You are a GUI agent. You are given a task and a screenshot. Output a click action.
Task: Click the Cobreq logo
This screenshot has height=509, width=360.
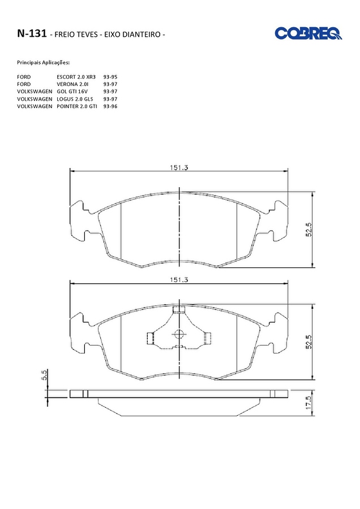[308, 33]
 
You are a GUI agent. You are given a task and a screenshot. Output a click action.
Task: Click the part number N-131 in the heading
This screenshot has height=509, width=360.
[32, 33]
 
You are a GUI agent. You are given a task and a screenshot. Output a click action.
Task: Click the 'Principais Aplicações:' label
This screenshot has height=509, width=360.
[43, 62]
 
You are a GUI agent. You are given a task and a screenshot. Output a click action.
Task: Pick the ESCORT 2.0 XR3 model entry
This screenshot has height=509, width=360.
[76, 77]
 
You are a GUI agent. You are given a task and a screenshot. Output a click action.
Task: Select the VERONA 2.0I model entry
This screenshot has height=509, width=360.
[71, 84]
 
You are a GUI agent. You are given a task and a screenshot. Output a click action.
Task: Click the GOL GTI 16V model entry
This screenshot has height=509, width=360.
[72, 92]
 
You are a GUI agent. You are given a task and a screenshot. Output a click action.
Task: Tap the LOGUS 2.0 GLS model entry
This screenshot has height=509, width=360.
[75, 99]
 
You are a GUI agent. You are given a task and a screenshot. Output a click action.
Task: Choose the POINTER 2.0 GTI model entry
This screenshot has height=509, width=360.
[76, 106]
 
